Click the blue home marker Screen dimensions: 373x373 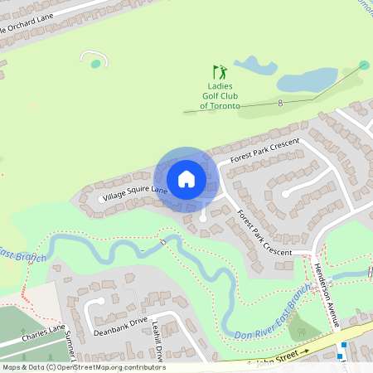click(186, 179)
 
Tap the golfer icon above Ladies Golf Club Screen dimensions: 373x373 click(220, 72)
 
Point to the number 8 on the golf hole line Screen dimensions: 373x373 click(281, 103)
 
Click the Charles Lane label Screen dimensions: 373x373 click(43, 334)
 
